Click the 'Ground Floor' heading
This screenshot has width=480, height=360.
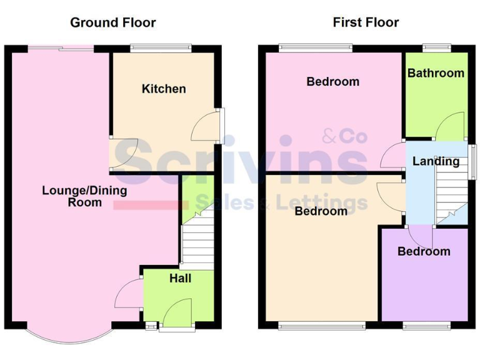(112, 23)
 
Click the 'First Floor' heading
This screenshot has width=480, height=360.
(366, 23)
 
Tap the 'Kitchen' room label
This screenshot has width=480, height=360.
(164, 89)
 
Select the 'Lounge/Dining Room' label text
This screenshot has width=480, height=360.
(84, 196)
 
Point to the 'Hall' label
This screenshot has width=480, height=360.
(180, 278)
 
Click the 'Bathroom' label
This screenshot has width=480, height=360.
(436, 73)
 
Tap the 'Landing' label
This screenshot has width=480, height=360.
(436, 161)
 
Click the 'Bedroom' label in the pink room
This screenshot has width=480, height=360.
(332, 81)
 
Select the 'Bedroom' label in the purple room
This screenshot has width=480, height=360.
(424, 251)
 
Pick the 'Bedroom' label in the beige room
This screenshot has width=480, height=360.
(321, 211)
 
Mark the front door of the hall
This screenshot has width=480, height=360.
(177, 313)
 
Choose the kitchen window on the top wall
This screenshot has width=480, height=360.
(161, 46)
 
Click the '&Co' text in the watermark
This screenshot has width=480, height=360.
(344, 136)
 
